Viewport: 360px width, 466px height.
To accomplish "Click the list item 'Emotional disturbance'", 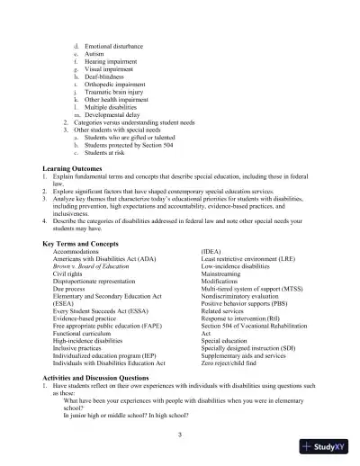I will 117,43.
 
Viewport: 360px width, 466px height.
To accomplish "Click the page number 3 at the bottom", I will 180,435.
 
